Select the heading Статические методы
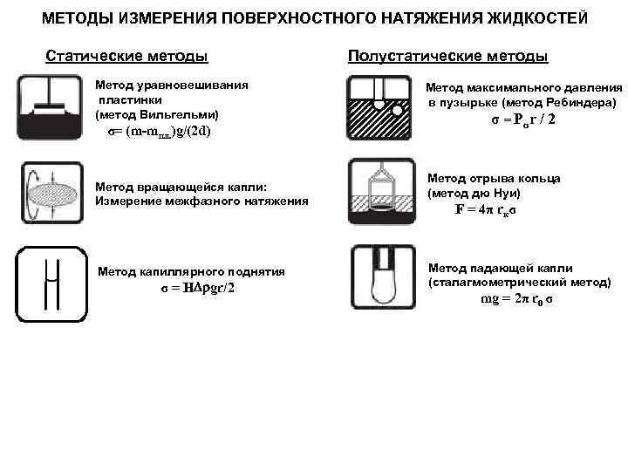(126, 58)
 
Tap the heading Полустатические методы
(447, 58)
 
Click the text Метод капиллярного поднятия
(192, 272)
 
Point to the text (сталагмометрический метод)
(520, 283)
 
